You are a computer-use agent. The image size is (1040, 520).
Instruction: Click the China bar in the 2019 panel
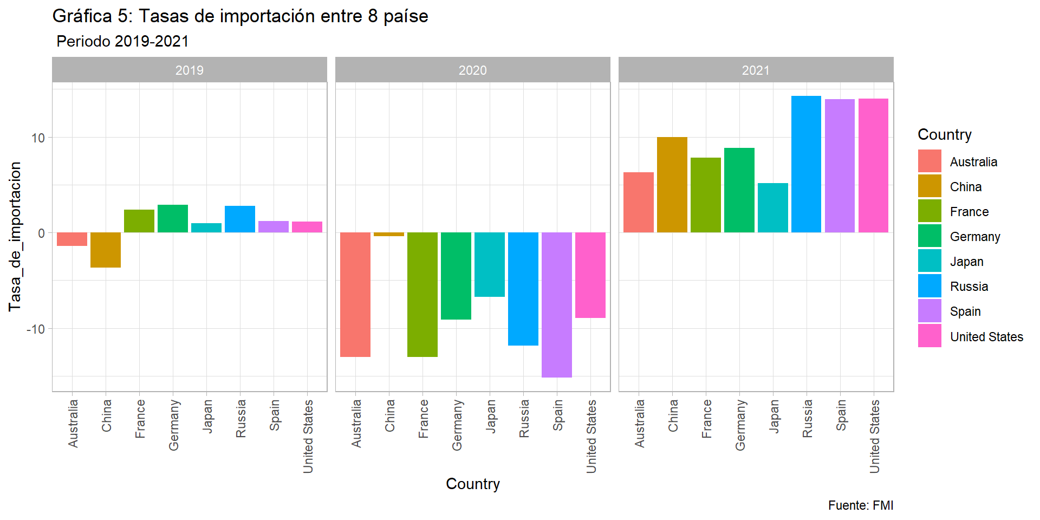[106, 250]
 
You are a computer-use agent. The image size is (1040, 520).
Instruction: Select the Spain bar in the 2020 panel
[557, 304]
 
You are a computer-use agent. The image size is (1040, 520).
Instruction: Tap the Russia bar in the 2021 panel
[806, 164]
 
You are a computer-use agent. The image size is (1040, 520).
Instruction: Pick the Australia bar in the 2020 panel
[355, 294]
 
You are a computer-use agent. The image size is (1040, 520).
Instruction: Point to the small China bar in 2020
[389, 235]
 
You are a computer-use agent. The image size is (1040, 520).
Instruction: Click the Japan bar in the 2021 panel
[772, 207]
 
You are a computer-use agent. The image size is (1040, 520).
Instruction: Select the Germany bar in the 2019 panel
[173, 219]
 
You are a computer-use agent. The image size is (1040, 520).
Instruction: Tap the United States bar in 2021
[873, 165]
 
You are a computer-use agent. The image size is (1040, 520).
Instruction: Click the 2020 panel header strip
[472, 70]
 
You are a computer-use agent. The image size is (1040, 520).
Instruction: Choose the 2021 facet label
[756, 70]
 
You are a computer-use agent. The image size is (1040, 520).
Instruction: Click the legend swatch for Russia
[929, 286]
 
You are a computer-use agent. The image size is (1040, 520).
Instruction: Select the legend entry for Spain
[965, 311]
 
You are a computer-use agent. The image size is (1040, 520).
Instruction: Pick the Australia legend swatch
[929, 161]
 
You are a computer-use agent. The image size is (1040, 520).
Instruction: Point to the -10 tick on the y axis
[36, 329]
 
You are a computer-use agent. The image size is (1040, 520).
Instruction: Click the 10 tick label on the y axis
[38, 138]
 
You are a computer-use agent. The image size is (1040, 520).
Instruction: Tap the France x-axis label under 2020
[424, 419]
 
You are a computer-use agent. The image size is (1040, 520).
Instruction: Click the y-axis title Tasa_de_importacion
[15, 236]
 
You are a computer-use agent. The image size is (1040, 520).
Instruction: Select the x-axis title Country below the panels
[472, 484]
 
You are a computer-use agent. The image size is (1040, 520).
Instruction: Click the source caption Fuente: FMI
[860, 505]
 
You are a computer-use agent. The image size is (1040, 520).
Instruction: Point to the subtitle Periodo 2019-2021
[122, 41]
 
